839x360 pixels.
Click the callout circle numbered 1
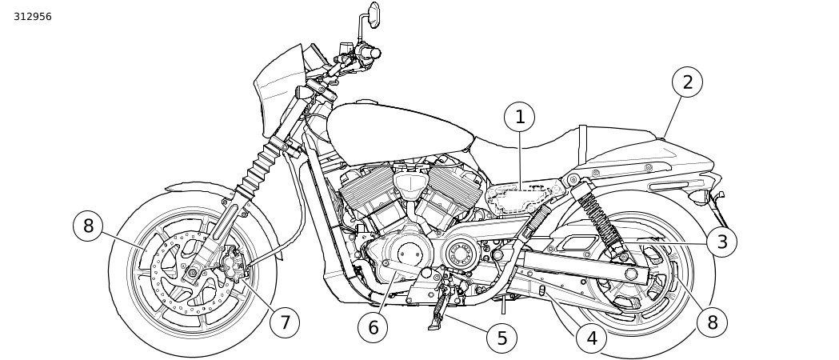[520, 118]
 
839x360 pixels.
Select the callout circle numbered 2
[687, 82]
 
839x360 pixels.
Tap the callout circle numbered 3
[721, 242]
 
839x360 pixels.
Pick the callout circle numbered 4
[592, 338]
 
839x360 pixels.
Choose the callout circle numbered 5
[501, 338]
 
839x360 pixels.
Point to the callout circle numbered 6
[373, 327]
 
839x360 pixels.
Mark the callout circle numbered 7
[284, 322]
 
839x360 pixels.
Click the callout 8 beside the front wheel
[88, 226]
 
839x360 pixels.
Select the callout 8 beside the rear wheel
[712, 322]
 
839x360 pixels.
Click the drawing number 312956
[33, 17]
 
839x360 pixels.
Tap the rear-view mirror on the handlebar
[374, 14]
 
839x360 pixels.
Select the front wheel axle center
[192, 274]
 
